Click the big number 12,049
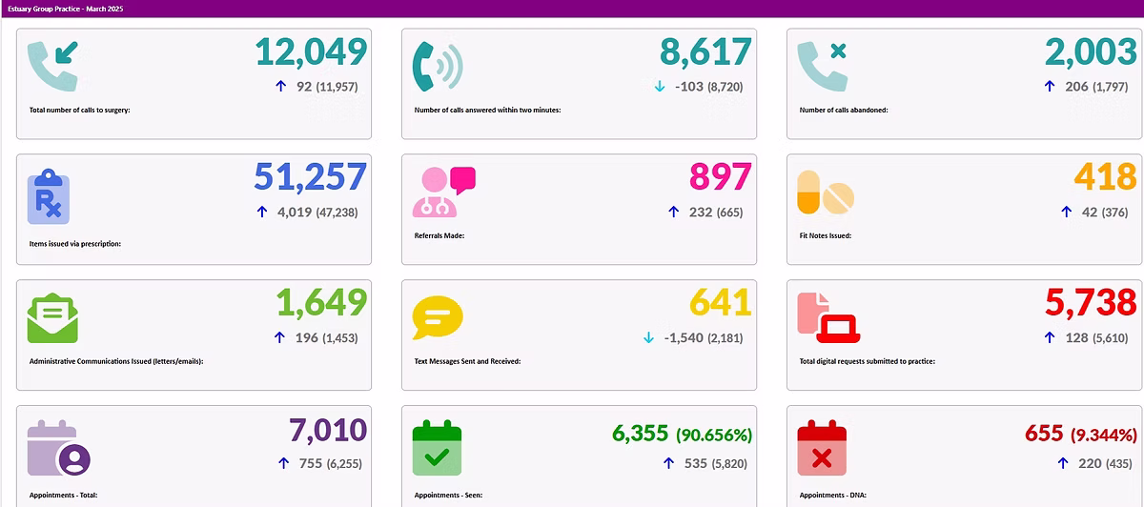point(311,53)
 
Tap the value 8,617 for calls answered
point(705,53)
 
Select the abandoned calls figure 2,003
point(1091,53)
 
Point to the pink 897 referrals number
point(720,177)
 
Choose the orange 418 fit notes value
point(1105,177)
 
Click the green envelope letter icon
point(52,318)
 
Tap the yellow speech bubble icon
point(437,318)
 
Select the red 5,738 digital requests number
point(1091,303)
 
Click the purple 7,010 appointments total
point(327,431)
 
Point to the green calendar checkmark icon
point(437,447)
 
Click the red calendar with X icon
point(822,447)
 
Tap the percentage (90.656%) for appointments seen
point(714,435)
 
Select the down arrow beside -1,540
point(648,337)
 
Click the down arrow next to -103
point(660,87)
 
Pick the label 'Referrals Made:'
point(439,234)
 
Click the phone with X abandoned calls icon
point(822,67)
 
